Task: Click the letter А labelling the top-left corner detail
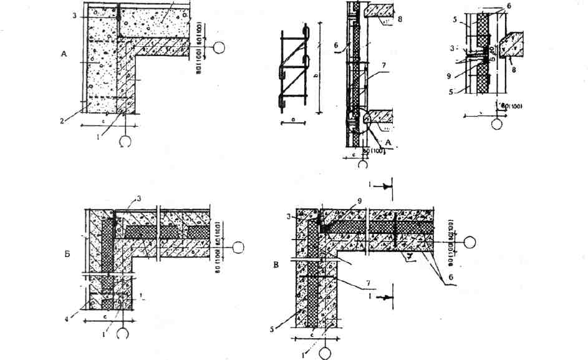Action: [64, 55]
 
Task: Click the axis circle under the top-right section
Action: [496, 123]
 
